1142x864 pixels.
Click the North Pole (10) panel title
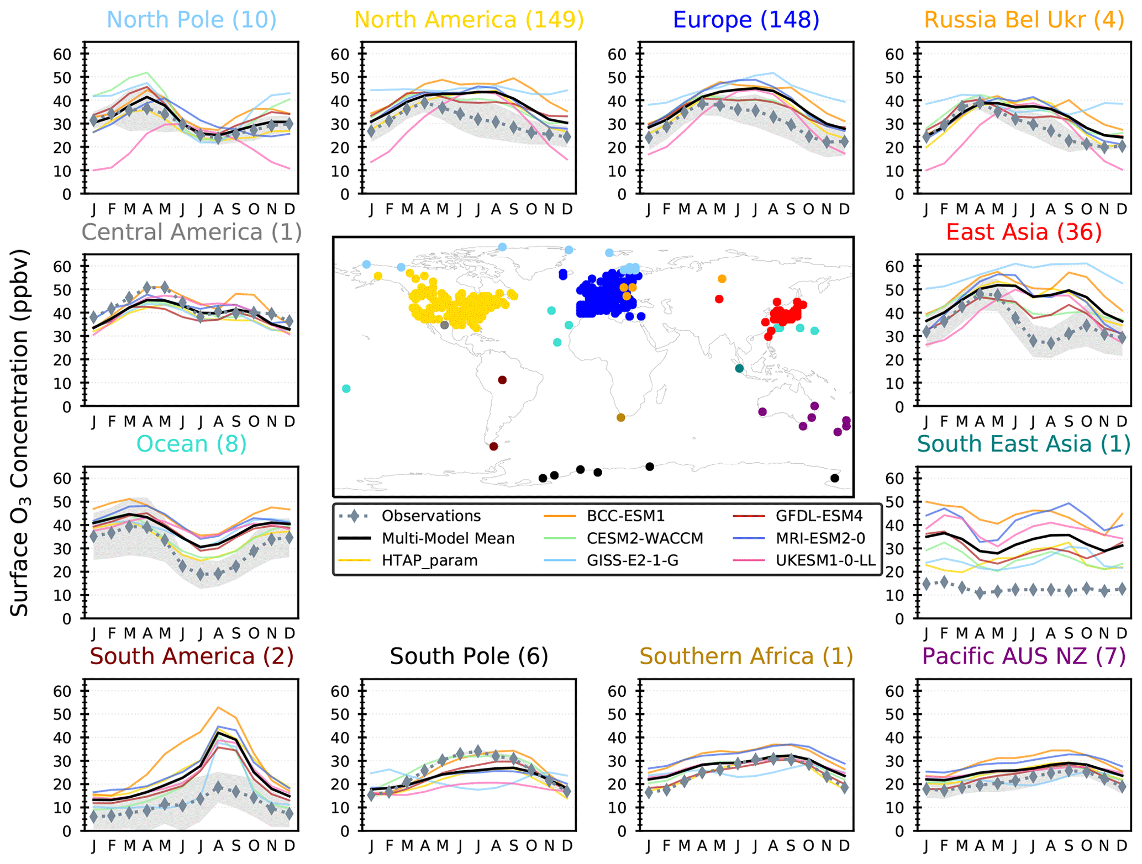(x=191, y=20)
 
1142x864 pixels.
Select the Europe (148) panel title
(x=745, y=20)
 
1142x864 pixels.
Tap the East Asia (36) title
(x=1023, y=232)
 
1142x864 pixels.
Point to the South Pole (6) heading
(x=469, y=656)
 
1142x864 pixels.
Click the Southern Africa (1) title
(x=746, y=656)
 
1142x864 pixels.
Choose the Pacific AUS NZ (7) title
(x=1023, y=656)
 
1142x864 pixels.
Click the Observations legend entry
(x=431, y=516)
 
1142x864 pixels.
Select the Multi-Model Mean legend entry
(x=448, y=538)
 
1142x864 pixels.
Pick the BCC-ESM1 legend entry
(x=625, y=516)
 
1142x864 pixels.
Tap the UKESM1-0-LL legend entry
(x=825, y=561)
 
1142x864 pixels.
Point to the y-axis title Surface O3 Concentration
(x=20, y=433)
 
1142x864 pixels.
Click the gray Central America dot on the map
(x=444, y=325)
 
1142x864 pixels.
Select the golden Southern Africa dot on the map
(x=620, y=418)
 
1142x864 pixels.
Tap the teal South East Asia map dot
(x=739, y=369)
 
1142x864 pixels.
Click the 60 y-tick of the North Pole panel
(x=62, y=54)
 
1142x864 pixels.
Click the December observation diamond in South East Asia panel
(x=1121, y=590)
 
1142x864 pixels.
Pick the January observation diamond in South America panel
(x=94, y=817)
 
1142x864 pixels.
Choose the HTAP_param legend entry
(x=429, y=561)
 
